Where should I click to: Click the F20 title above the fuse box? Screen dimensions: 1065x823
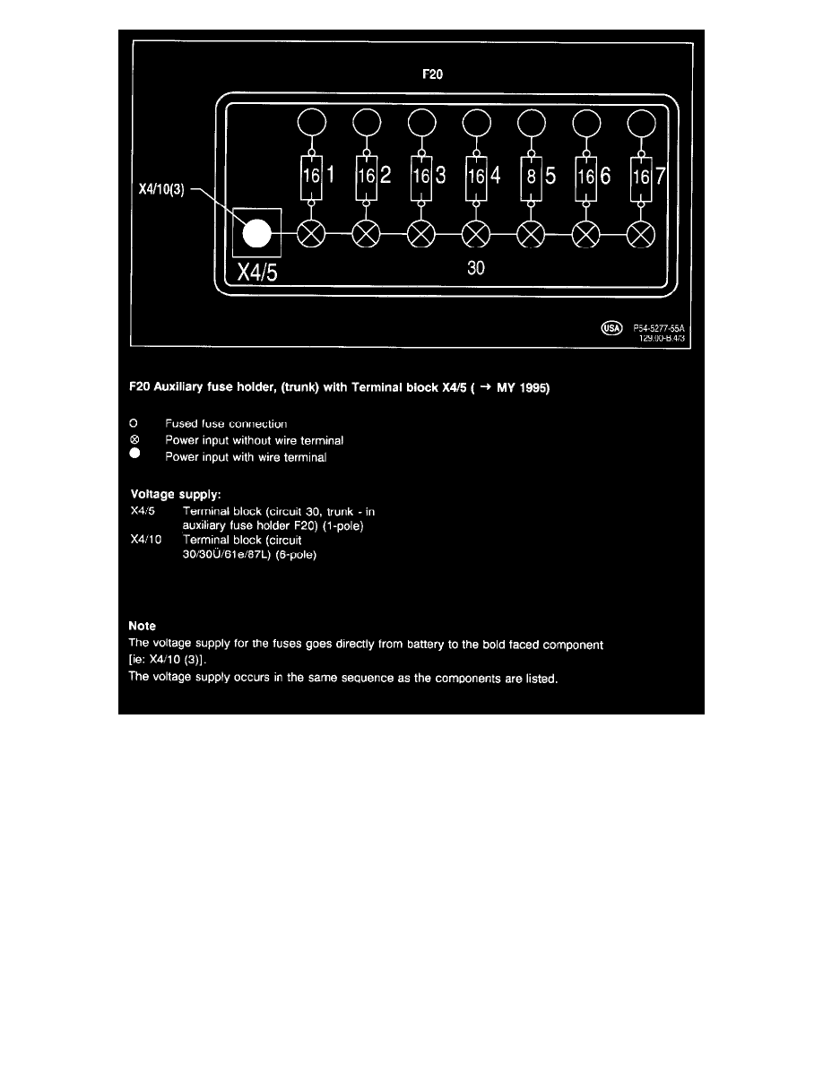click(x=432, y=76)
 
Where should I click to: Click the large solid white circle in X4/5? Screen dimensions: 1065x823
click(x=256, y=234)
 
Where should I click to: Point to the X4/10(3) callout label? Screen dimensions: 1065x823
click(x=156, y=191)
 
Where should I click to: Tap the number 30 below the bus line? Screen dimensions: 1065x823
click(x=476, y=269)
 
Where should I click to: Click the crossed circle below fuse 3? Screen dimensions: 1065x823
click(x=420, y=235)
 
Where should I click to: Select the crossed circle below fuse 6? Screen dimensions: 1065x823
click(x=586, y=235)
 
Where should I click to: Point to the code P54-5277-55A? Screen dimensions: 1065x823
click(x=659, y=329)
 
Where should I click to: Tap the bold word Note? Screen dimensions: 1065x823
click(x=143, y=627)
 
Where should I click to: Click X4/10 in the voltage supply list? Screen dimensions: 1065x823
click(x=145, y=541)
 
